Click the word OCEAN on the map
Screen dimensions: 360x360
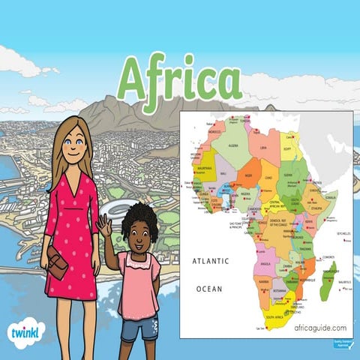click(210, 288)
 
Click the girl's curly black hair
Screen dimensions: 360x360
click(139, 218)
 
